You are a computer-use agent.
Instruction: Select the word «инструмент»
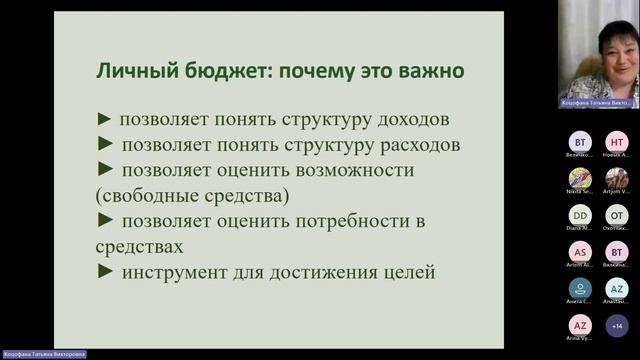point(175,270)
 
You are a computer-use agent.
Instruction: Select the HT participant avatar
point(617,142)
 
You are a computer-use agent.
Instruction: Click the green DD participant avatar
point(580,215)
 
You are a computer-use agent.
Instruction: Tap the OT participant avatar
point(617,215)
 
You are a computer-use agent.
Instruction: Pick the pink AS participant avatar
point(580,252)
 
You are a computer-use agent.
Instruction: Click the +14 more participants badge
point(617,325)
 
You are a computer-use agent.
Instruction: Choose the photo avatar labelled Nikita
point(580,178)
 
